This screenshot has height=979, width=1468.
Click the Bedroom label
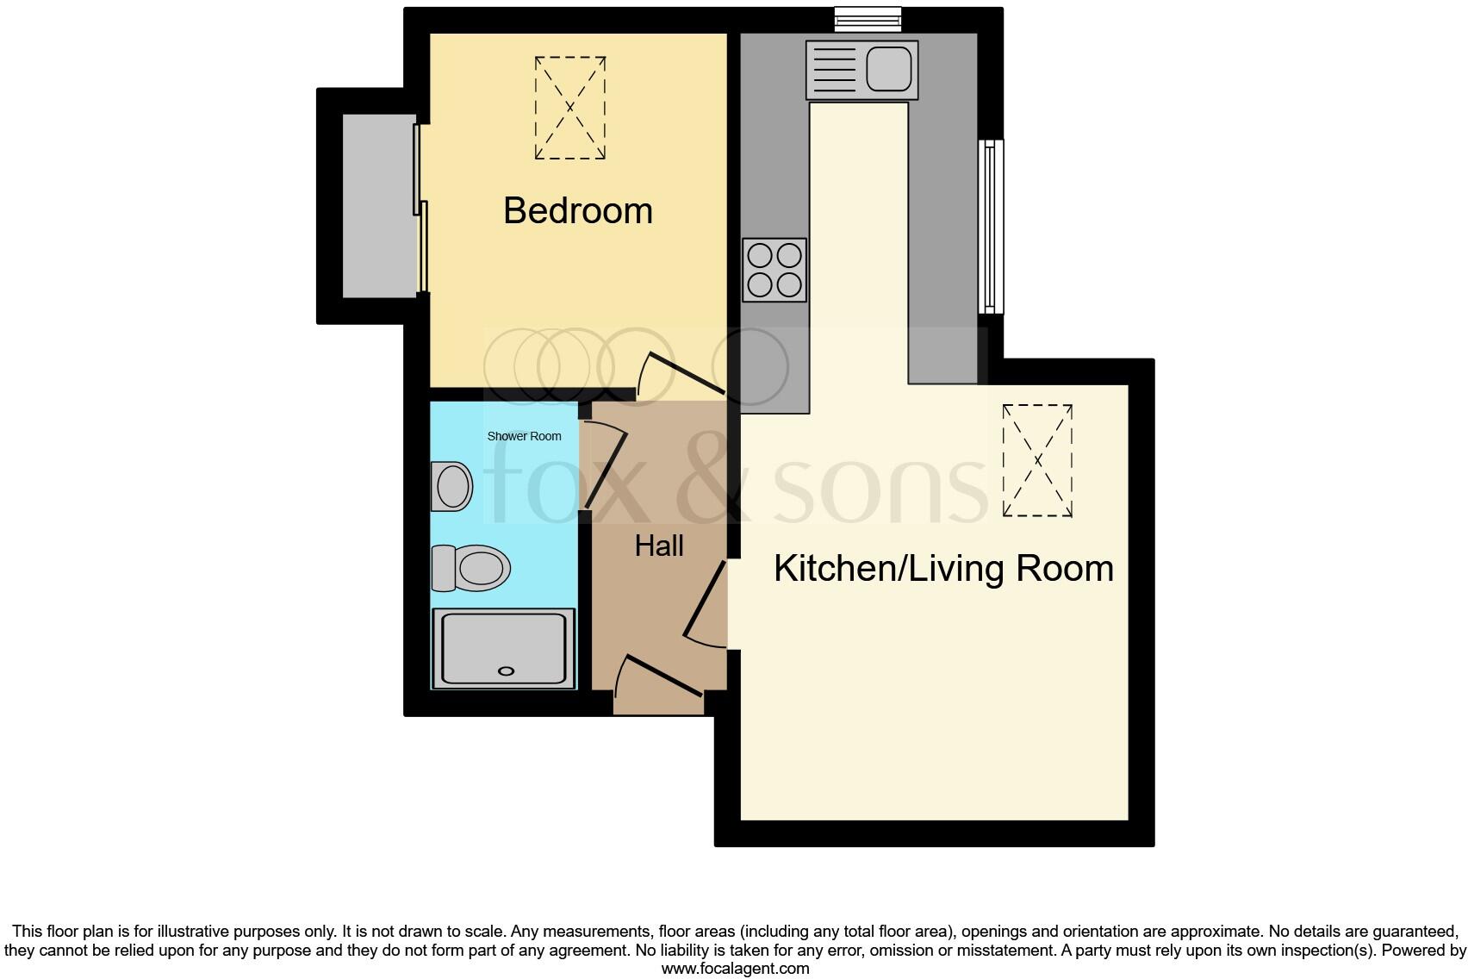[x=577, y=211]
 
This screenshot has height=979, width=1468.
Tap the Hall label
[x=659, y=546]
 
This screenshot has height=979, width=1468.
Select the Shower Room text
[x=524, y=436]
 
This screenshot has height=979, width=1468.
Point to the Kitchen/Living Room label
[x=943, y=569]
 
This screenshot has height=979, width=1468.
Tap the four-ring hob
[x=774, y=270]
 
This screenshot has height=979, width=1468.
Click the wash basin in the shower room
[x=452, y=487]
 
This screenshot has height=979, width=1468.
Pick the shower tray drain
[x=507, y=670]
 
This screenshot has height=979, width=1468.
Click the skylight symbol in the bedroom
[x=569, y=108]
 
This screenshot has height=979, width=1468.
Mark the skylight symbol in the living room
[x=1037, y=460]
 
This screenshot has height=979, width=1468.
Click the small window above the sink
[x=868, y=18]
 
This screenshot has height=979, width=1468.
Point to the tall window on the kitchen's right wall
[x=992, y=227]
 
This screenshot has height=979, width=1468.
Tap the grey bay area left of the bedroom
[x=378, y=206]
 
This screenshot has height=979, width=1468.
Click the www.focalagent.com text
[x=735, y=969]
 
